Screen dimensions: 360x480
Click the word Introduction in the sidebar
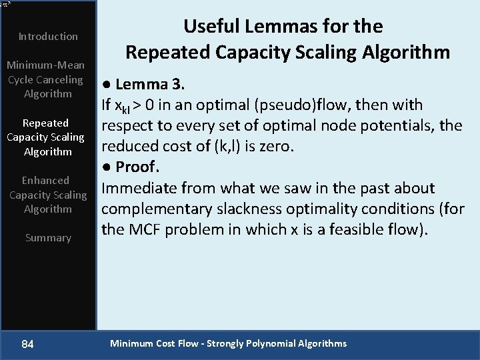tap(48, 36)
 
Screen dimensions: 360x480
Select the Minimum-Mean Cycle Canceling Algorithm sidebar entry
tap(45, 79)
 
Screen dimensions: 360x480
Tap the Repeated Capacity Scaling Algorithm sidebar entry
tap(45, 137)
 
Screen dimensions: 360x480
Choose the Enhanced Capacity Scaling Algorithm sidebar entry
tap(47, 195)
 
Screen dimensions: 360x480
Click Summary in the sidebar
tap(48, 237)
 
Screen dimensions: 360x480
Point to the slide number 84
tap(28, 344)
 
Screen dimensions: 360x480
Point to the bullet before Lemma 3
tap(106, 85)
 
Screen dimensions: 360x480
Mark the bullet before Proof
tap(106, 167)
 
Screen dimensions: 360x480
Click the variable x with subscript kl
tap(124, 107)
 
